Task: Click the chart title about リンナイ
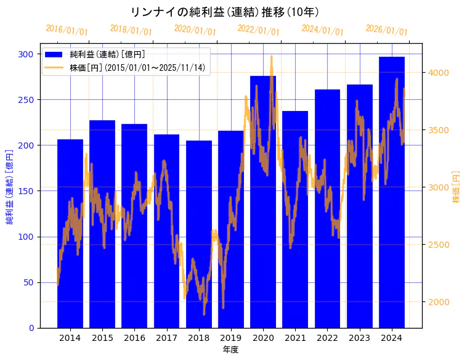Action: [225, 12]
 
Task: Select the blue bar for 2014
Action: [70, 234]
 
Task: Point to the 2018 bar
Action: [199, 234]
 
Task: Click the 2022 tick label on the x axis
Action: [327, 338]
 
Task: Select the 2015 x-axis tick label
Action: [102, 338]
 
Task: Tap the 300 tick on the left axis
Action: [26, 54]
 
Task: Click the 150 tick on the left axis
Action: [26, 191]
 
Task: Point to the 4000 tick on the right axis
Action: [440, 73]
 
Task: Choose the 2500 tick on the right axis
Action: [440, 245]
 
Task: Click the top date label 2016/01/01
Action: [67, 30]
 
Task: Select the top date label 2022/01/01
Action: [259, 30]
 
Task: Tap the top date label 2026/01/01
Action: [386, 30]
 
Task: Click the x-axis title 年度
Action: [230, 350]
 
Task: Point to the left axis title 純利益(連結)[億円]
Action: [10, 186]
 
